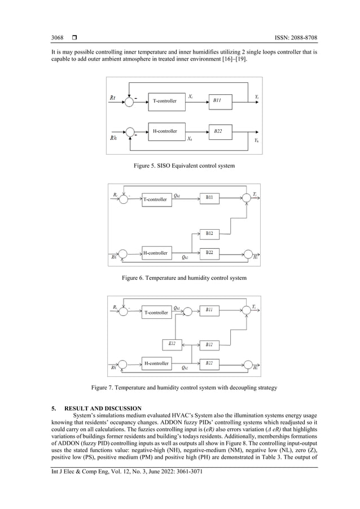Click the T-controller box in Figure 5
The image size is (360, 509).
point(165,101)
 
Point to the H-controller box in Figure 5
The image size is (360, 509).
point(165,131)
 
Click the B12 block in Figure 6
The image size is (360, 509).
point(209,233)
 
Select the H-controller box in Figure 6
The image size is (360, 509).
point(155,253)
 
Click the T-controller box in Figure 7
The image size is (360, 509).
point(155,312)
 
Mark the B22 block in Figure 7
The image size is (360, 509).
point(209,363)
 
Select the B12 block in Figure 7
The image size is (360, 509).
point(209,344)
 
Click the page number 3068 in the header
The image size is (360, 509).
point(57,38)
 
